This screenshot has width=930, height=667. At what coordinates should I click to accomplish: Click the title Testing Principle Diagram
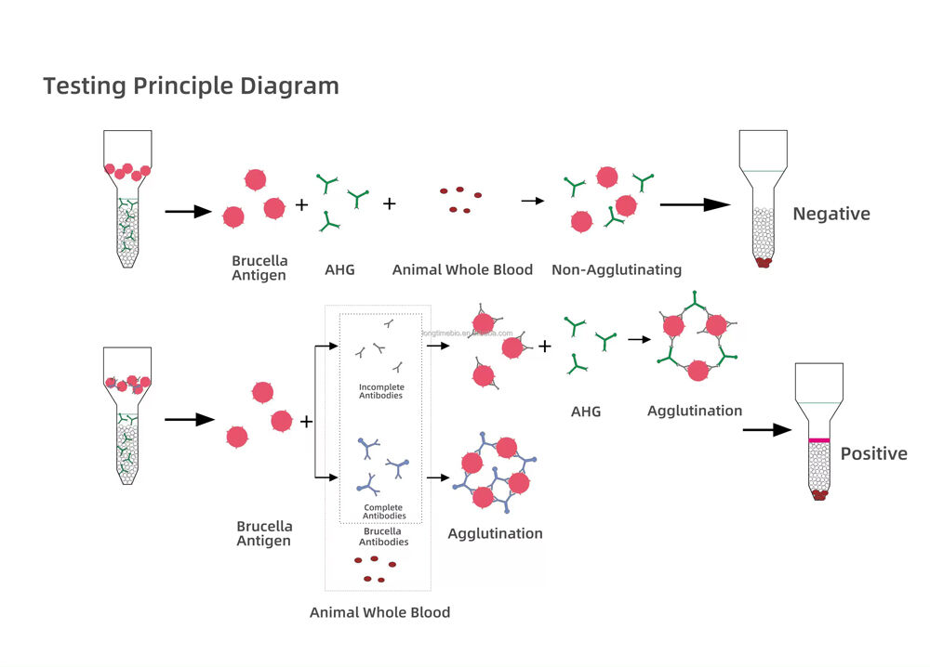pos(191,86)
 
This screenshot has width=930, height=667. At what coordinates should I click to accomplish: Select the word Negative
pos(830,214)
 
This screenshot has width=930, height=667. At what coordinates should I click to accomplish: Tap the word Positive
pos(873,453)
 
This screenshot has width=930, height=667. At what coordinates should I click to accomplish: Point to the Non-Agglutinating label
pos(616,269)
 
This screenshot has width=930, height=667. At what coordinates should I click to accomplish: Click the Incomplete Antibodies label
pos(381,391)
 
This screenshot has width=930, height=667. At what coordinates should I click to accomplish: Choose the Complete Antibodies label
pos(382,511)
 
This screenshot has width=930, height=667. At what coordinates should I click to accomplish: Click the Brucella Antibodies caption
pos(381,536)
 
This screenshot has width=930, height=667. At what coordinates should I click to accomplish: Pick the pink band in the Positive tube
pos(818,439)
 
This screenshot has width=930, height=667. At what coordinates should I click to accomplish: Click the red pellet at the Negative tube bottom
pos(764,263)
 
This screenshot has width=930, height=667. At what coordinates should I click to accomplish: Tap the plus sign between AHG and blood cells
pos(389,203)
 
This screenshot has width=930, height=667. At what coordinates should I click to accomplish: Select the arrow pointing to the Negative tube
pos(695,204)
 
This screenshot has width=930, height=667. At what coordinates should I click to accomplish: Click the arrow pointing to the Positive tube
pos(766,430)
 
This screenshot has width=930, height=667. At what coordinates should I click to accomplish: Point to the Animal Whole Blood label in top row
pos(462,269)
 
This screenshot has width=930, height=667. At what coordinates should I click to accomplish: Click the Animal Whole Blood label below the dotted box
pos(379,612)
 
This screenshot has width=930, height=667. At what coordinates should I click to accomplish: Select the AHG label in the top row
pos(339,269)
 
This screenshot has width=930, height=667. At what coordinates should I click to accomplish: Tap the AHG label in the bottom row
pos(586,410)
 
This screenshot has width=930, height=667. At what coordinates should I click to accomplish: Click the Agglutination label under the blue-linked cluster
pos(495,533)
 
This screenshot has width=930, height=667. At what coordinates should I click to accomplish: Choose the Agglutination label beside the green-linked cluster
pos(694,411)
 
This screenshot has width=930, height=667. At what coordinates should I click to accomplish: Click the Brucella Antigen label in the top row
pos(259,268)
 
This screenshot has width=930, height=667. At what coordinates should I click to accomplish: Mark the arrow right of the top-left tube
pos(188,212)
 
